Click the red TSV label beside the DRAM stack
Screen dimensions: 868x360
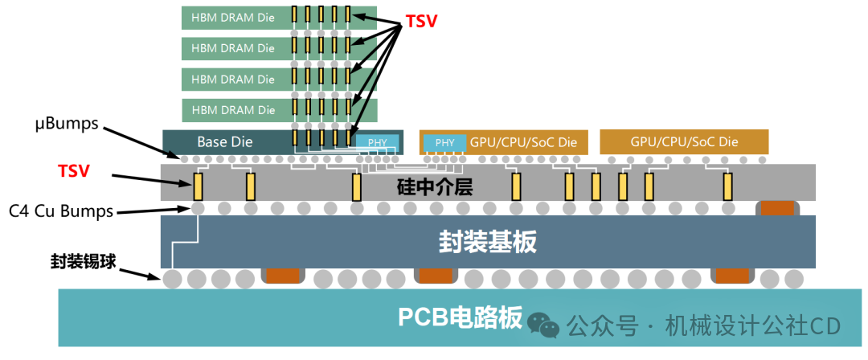click(421, 21)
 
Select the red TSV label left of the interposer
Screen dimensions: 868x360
click(74, 171)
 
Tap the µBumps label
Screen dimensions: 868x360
click(66, 124)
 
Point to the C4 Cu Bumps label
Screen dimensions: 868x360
click(61, 211)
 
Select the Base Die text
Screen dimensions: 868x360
click(225, 142)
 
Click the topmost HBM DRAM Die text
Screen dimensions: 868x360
click(233, 17)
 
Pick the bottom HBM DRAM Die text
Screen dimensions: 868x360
click(233, 109)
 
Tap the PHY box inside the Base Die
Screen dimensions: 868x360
click(377, 142)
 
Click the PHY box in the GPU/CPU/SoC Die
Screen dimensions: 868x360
click(444, 142)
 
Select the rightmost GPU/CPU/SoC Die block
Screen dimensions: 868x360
click(684, 141)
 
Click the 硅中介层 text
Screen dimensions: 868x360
click(435, 188)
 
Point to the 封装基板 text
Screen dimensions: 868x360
click(488, 242)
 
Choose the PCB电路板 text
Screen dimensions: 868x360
click(460, 318)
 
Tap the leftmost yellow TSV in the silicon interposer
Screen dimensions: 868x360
click(198, 186)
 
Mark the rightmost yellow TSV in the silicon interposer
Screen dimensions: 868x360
click(728, 186)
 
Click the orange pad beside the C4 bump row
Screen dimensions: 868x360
click(777, 207)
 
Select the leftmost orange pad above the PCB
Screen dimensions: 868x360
click(283, 276)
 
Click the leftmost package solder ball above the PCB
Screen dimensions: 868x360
click(172, 279)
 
